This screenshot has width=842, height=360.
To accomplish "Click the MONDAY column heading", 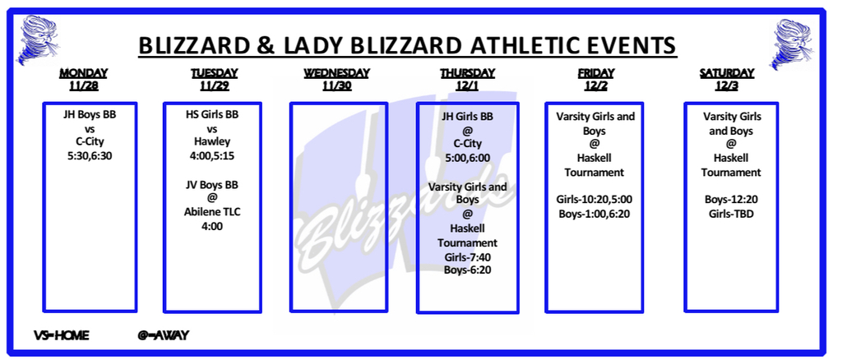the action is (x=83, y=73).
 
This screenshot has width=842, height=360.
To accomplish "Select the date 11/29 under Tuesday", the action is (x=215, y=85).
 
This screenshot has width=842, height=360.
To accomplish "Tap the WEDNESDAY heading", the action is (x=336, y=73).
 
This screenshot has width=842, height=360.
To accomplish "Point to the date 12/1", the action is (x=467, y=85).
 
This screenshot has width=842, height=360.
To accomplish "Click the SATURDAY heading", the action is (x=727, y=73).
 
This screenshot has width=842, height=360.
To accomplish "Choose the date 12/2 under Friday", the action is (x=595, y=85).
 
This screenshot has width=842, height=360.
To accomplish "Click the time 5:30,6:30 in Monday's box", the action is (x=89, y=156).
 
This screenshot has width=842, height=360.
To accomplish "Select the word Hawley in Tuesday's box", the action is (x=212, y=142).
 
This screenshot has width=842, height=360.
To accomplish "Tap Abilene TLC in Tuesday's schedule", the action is (x=212, y=212).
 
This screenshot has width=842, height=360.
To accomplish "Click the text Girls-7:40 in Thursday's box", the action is (x=467, y=256).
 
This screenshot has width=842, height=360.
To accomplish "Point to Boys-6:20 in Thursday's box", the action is (x=467, y=270).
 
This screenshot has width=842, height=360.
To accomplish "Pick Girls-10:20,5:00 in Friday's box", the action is (x=594, y=200).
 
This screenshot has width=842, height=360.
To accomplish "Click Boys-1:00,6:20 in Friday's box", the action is (x=594, y=214).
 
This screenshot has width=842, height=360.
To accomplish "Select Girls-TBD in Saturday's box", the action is (x=731, y=214).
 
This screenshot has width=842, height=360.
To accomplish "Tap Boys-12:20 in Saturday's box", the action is (x=731, y=200).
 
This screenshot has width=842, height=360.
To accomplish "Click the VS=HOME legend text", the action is (x=61, y=336).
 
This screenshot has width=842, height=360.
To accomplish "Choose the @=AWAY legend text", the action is (x=164, y=336).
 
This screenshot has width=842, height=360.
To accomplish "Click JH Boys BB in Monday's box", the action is (x=89, y=115).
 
